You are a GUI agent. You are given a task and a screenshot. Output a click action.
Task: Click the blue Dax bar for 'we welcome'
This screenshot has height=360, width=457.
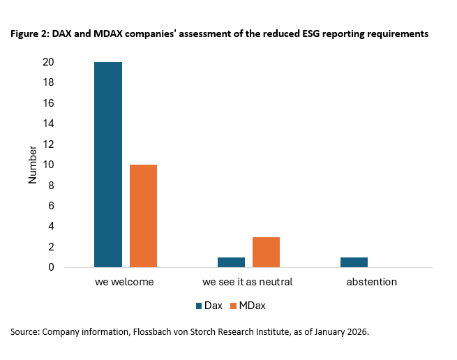[x=108, y=165]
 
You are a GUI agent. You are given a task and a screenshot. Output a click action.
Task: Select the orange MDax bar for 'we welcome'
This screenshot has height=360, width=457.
[x=143, y=216]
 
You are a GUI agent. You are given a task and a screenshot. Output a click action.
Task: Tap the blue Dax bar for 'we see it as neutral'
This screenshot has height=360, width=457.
[x=231, y=262]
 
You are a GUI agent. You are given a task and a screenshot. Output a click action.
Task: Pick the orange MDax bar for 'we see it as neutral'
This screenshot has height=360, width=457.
[x=266, y=252]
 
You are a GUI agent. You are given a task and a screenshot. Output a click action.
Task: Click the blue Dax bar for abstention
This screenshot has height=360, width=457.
[x=354, y=262]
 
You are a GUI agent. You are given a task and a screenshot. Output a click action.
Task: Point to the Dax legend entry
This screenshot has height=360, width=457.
[x=207, y=306]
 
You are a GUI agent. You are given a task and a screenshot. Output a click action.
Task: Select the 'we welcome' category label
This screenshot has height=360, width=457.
[x=124, y=283]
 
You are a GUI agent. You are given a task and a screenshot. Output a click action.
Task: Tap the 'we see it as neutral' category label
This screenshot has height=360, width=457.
[x=248, y=283]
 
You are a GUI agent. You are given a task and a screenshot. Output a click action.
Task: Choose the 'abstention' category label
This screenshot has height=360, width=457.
[x=371, y=283]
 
